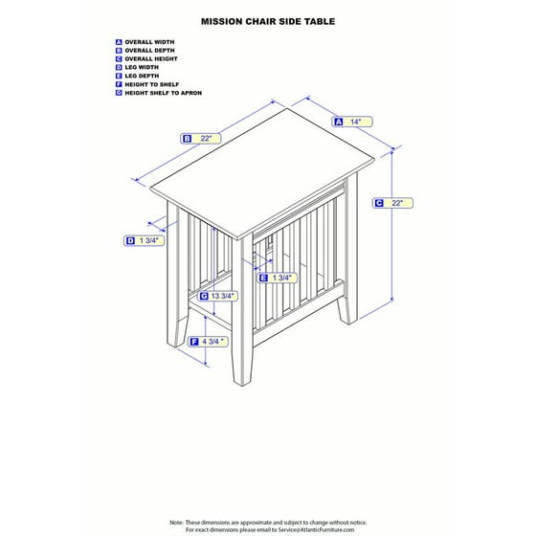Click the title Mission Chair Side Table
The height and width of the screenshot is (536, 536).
point(267,18)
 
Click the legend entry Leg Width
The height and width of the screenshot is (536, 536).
point(141,68)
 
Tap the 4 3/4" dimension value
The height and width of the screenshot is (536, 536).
point(213,342)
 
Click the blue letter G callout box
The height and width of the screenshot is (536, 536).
point(203,297)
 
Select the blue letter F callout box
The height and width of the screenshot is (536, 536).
point(194,342)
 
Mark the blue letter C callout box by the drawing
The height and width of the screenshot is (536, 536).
point(379,203)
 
